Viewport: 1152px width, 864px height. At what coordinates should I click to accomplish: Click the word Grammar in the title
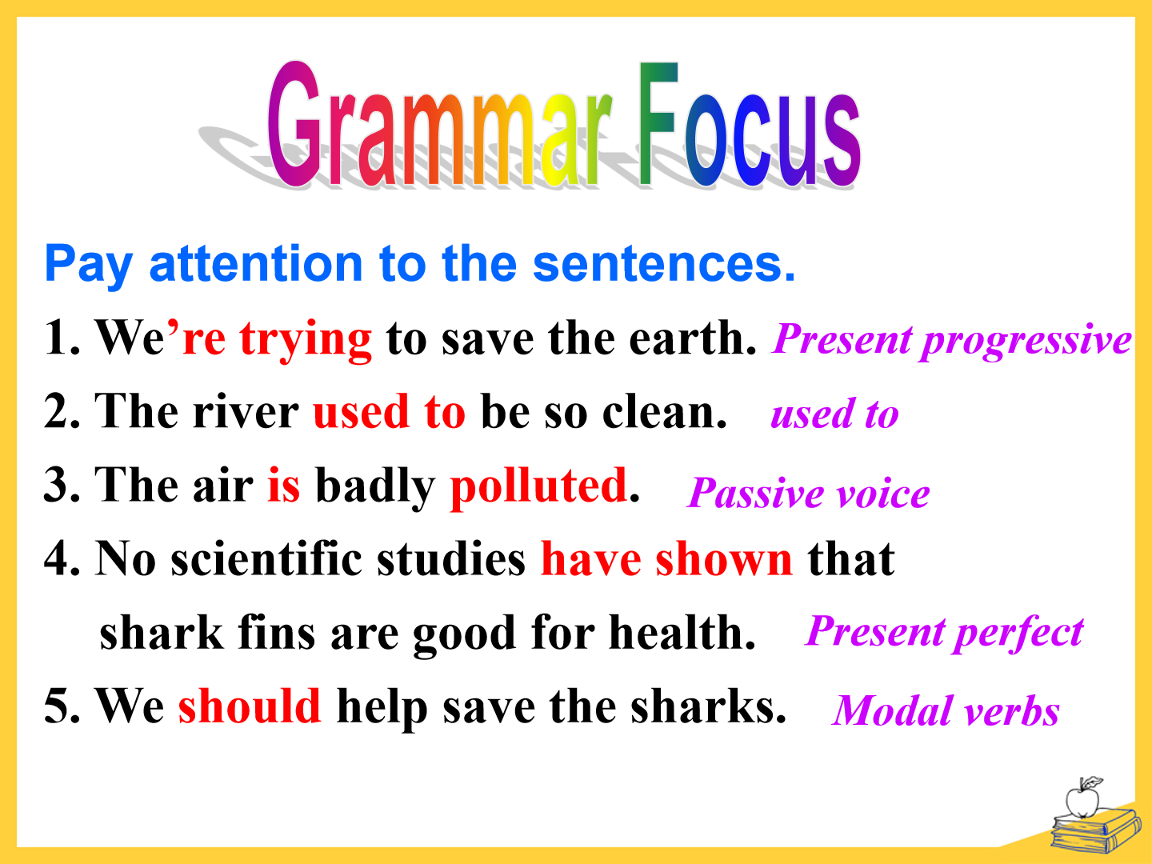(x=440, y=124)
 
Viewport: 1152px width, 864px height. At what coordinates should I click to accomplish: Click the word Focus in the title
(x=750, y=124)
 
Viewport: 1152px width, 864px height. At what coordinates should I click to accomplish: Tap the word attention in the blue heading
(x=256, y=263)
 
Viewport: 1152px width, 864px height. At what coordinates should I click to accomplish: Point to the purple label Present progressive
(x=951, y=341)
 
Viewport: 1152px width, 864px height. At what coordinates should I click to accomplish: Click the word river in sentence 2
(x=246, y=412)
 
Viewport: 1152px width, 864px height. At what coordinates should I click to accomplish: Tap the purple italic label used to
(x=834, y=414)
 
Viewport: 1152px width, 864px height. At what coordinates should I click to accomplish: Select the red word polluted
(x=538, y=487)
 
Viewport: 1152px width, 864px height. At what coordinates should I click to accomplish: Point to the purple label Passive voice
(x=808, y=493)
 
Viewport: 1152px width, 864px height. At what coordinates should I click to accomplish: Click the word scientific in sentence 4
(x=266, y=558)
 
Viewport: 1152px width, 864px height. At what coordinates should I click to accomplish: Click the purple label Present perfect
(x=945, y=634)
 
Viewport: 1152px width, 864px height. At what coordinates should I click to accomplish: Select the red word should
(x=250, y=706)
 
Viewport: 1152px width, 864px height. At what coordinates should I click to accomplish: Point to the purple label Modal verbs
(x=946, y=711)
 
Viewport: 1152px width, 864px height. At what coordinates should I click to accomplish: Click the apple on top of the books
(x=1082, y=798)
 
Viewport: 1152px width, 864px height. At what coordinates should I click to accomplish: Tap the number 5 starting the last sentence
(x=56, y=707)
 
